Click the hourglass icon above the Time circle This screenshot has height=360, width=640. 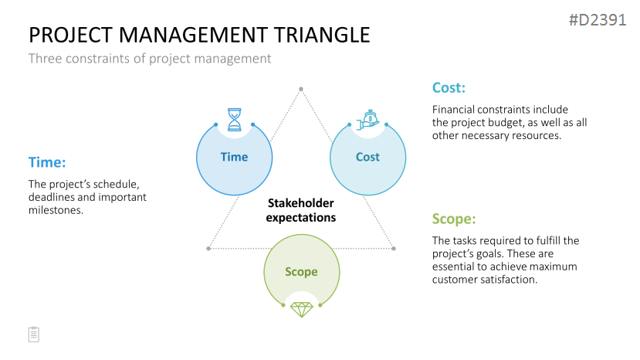[234, 119]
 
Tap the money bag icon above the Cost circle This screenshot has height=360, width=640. [368, 120]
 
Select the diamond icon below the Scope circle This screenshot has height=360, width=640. [302, 310]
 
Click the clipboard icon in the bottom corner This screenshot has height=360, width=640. [34, 335]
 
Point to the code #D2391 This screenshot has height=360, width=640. [598, 19]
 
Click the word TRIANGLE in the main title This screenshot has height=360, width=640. [322, 35]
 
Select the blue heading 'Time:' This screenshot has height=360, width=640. [47, 162]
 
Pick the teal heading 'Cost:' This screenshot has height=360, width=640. [449, 87]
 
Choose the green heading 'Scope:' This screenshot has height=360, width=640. [454, 219]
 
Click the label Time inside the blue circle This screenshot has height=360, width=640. [234, 157]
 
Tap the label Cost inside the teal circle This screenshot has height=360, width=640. [367, 157]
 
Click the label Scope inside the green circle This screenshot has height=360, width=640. [301, 272]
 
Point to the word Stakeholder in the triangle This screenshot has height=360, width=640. [301, 203]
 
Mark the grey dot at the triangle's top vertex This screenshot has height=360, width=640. [301, 89]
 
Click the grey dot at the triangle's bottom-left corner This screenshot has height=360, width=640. [208, 249]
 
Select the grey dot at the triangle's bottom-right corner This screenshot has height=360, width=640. [394, 249]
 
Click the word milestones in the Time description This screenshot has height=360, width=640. [56, 210]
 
